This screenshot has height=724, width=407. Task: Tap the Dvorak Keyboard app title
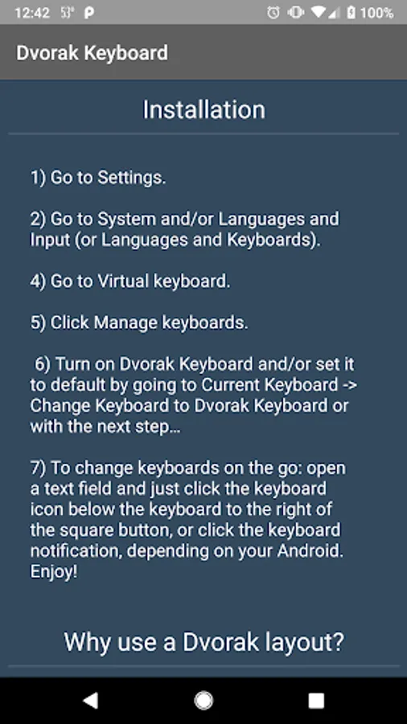pos(92,52)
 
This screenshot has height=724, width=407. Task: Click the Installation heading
pos(204,110)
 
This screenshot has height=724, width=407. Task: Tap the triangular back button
pos(90,701)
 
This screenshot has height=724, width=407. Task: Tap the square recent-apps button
pos(316,701)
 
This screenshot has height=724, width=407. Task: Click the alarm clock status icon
pos(273,12)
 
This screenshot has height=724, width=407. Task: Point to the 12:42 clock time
pos(32,12)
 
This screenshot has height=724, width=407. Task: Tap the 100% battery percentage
pos(377,12)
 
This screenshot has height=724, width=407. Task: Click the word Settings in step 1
pos(132,177)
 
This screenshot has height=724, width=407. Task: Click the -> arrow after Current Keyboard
pos(349,385)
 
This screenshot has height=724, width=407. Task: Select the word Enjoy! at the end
pos(54,572)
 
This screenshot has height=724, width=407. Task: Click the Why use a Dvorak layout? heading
pos(204,642)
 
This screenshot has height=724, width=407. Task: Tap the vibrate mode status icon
pos(295,12)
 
